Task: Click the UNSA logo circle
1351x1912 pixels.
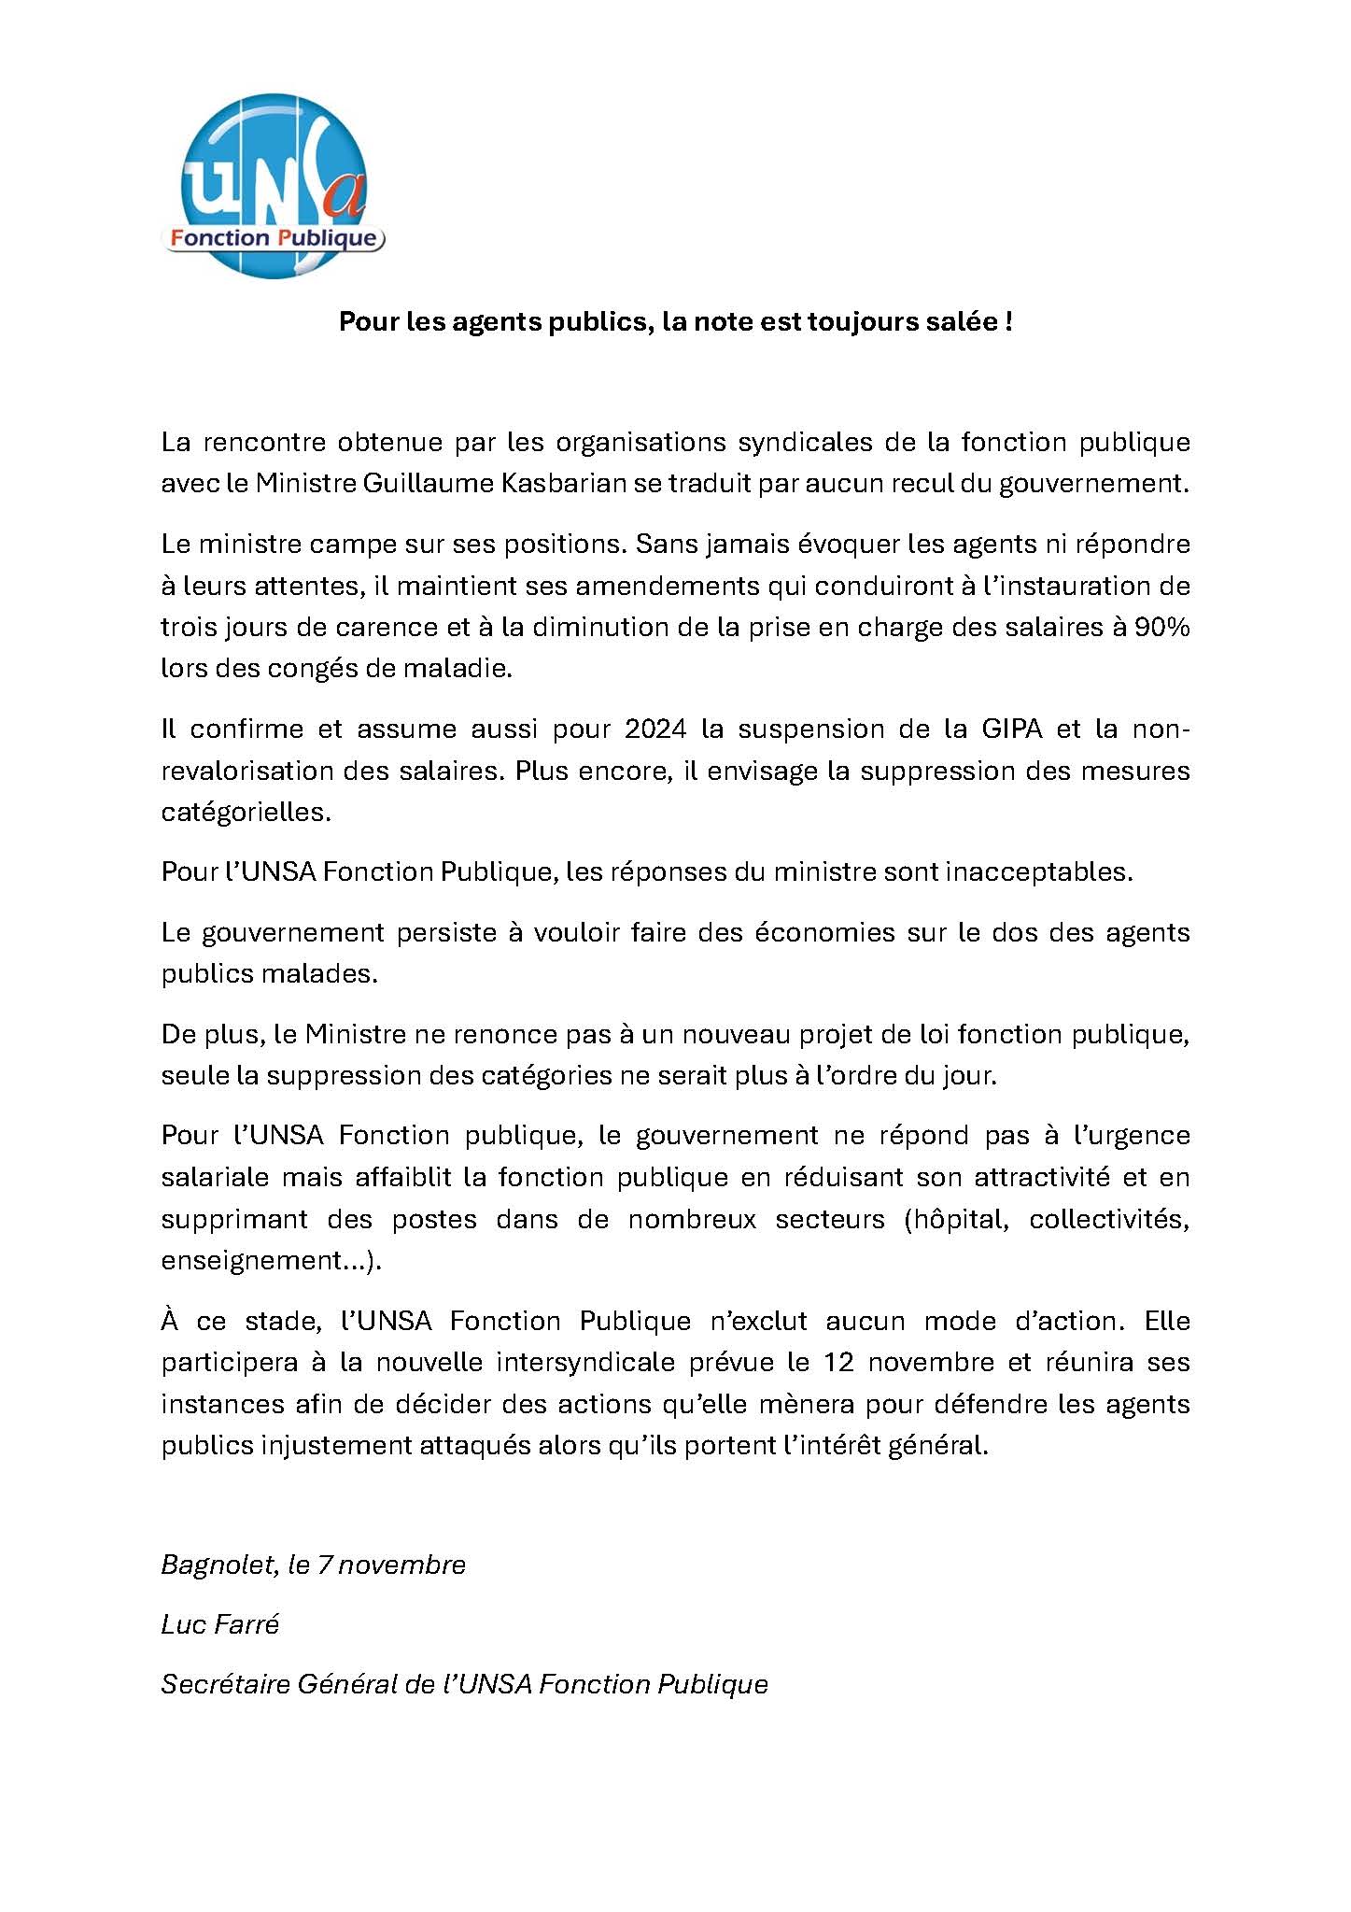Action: click(273, 186)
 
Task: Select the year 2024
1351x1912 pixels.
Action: click(655, 729)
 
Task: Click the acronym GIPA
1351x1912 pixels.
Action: click(1011, 729)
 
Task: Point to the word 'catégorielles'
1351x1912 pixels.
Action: click(245, 812)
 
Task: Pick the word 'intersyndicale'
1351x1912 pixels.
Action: click(585, 1363)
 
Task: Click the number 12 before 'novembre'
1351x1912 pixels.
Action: click(838, 1363)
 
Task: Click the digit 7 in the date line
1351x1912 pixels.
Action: click(325, 1565)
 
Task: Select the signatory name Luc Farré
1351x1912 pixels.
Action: click(220, 1625)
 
